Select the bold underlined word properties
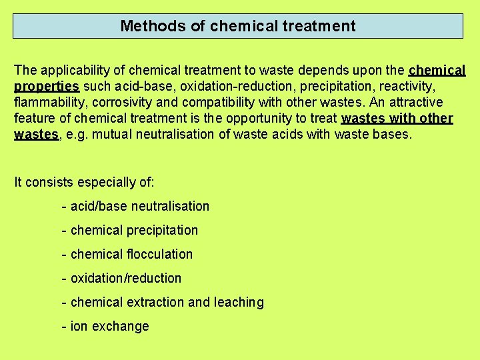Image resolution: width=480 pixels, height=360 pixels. [47, 86]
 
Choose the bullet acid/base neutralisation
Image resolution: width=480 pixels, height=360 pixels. [139, 206]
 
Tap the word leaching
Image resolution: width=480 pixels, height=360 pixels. [239, 302]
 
